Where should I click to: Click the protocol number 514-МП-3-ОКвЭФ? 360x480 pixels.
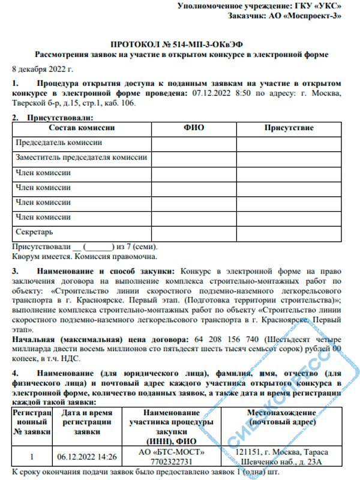click(204, 44)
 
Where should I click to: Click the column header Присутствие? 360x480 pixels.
click(289, 128)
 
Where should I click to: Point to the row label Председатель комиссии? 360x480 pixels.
click(59, 143)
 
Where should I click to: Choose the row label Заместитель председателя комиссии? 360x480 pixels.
click(80, 157)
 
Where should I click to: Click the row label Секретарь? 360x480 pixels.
click(35, 231)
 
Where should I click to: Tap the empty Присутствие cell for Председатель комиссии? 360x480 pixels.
click(289, 143)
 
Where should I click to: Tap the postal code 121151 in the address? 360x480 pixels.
click(248, 451)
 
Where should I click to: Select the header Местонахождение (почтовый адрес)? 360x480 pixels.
click(281, 418)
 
